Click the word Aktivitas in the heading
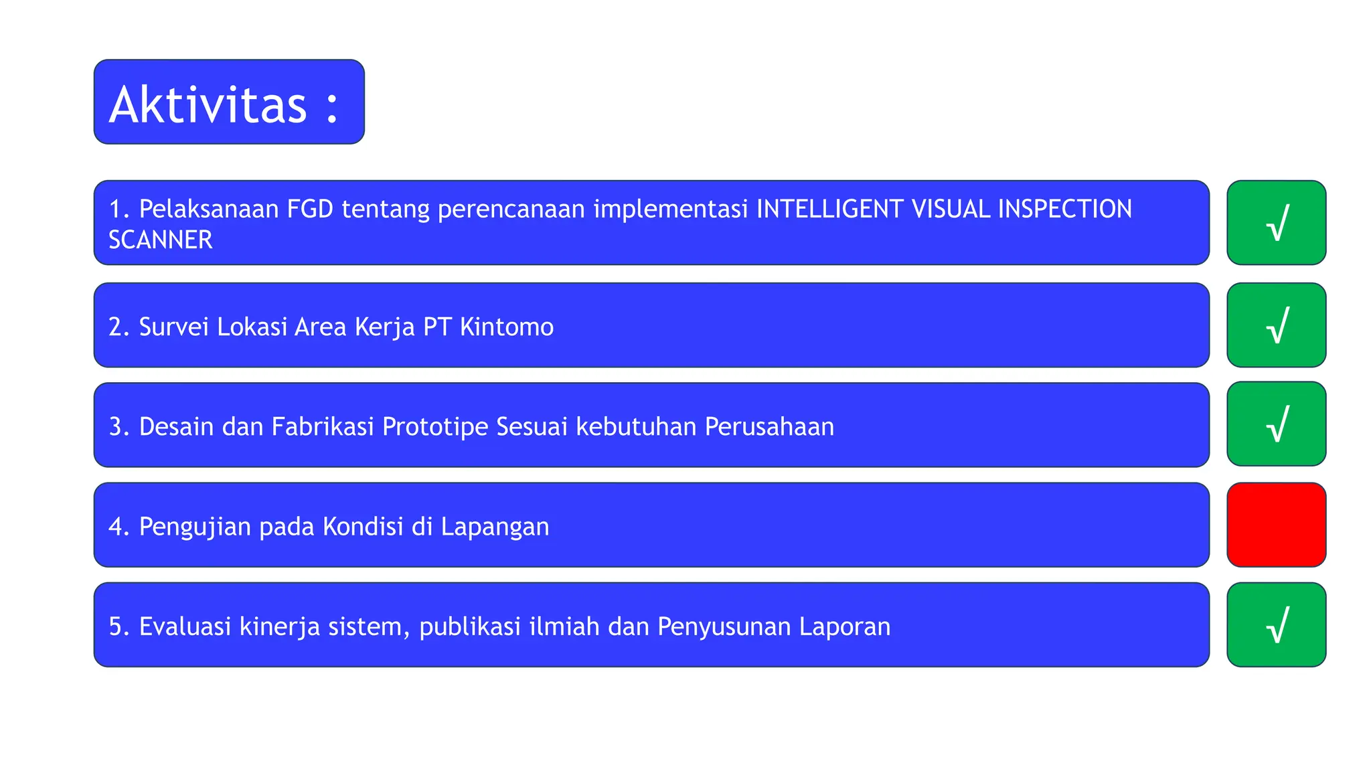pyautogui.click(x=208, y=104)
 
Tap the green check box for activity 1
pyautogui.click(x=1276, y=223)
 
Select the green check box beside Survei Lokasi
pyautogui.click(x=1276, y=325)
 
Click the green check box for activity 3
pyautogui.click(x=1276, y=424)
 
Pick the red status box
pyautogui.click(x=1276, y=525)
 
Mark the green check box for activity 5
pyautogui.click(x=1276, y=625)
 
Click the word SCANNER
pyautogui.click(x=161, y=240)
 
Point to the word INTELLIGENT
pyautogui.click(x=829, y=209)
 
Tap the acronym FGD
pyautogui.click(x=310, y=209)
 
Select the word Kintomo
pyautogui.click(x=507, y=327)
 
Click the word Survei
pyautogui.click(x=173, y=327)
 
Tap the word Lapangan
pyautogui.click(x=495, y=527)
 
